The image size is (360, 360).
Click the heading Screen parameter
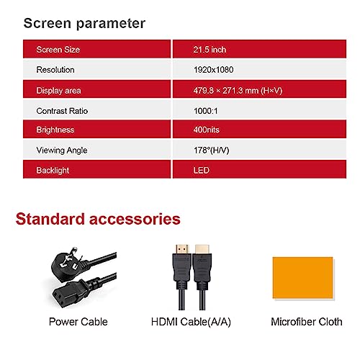click(84, 24)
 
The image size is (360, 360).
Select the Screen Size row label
click(58, 50)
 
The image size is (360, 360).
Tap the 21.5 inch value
click(210, 50)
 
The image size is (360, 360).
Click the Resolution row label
click(55, 70)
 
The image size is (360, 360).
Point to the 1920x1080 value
click(214, 70)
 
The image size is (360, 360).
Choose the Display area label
click(58, 91)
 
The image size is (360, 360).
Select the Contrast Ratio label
click(62, 111)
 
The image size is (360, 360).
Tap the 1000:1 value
click(206, 111)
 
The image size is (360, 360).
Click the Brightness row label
click(55, 130)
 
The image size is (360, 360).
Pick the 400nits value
click(207, 130)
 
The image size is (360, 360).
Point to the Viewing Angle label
click(62, 150)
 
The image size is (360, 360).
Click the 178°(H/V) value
click(212, 150)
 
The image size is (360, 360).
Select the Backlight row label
click(53, 171)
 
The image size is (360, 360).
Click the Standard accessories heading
click(98, 219)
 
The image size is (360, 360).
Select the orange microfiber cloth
click(303, 278)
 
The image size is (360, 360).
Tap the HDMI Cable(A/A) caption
click(191, 322)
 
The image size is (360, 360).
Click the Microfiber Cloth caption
click(307, 322)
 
